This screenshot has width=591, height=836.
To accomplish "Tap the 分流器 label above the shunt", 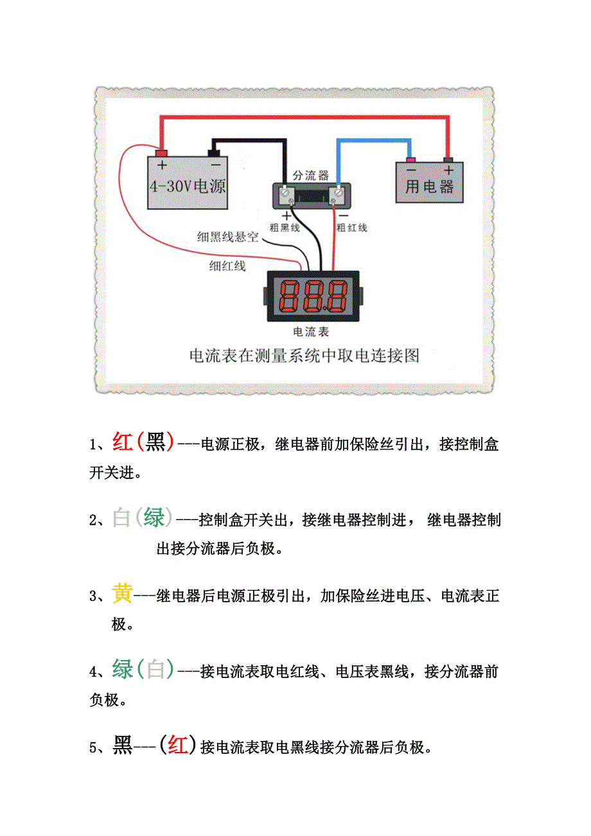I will point(310,175).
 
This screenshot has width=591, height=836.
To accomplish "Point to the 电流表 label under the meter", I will point(311,332).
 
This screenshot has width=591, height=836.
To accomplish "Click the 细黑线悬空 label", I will point(227,237).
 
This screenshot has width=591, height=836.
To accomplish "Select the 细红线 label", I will point(227,265).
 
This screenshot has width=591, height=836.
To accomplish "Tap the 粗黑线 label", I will point(284,227).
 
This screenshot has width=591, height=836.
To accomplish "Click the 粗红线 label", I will point(351,227).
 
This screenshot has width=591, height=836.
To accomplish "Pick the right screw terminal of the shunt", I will point(337,193).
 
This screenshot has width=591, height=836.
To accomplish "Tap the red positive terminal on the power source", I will point(161,153).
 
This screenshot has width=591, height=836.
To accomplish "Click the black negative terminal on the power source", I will point(215,153).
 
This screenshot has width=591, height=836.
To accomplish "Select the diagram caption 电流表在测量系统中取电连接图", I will point(304,356).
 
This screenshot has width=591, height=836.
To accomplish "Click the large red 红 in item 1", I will point(122,442).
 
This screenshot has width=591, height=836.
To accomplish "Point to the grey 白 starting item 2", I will point(121,518).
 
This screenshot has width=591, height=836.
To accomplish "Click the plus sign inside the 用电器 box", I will point(448,170).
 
